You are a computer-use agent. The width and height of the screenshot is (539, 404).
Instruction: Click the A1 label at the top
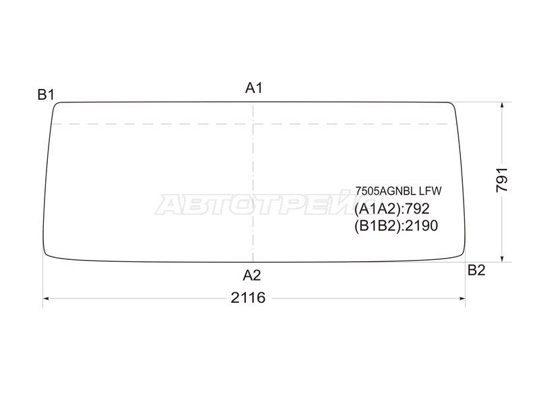click(254, 88)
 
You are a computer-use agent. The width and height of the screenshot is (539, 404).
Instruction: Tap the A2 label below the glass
click(252, 275)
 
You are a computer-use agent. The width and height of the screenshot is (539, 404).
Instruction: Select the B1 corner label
click(46, 94)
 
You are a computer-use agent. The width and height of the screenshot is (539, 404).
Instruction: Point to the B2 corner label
click(476, 271)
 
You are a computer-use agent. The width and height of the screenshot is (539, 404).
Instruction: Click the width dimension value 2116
click(248, 298)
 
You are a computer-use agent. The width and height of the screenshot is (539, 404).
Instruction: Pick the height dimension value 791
click(502, 180)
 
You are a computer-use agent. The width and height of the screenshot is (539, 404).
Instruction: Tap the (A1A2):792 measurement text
click(392, 209)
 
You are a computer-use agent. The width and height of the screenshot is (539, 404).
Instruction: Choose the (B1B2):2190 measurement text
click(396, 226)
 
